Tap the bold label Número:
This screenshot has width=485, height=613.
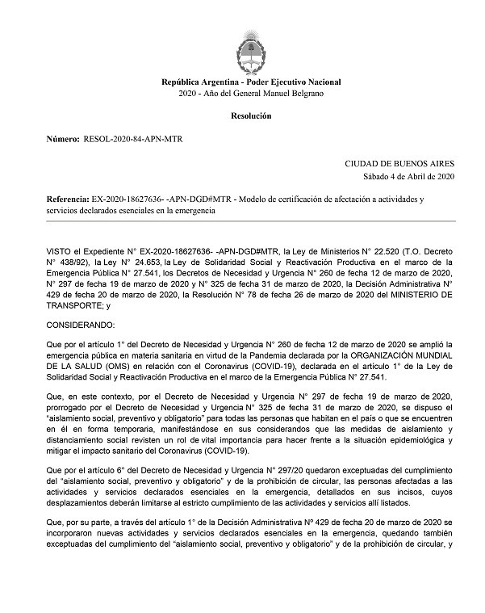click(x=63, y=140)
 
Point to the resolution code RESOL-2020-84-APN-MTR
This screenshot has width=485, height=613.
click(x=133, y=140)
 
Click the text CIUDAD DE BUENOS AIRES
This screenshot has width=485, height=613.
click(x=400, y=163)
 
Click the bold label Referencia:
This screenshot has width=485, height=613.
click(x=68, y=198)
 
